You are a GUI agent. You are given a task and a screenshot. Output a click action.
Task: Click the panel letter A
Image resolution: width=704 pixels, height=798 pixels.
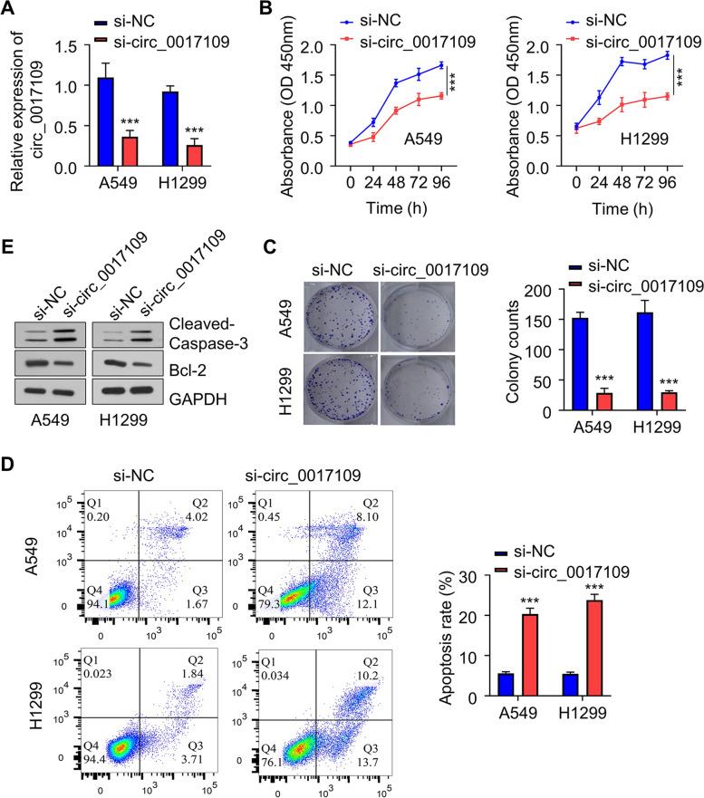point(11,9)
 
